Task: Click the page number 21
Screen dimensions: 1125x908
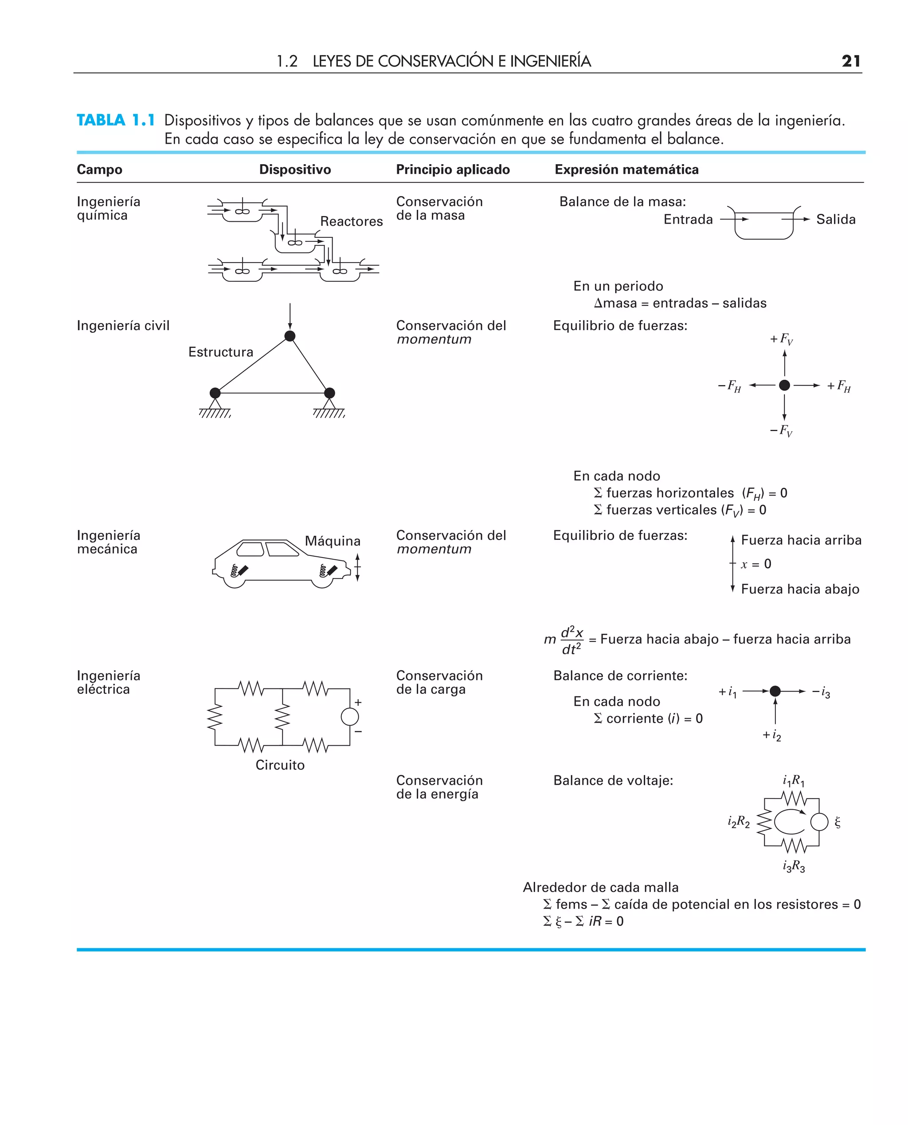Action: [850, 61]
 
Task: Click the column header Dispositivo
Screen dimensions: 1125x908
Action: [295, 169]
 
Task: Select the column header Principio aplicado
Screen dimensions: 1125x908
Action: [452, 169]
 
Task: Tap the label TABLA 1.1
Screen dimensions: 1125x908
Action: [116, 120]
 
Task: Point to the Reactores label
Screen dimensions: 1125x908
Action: [351, 221]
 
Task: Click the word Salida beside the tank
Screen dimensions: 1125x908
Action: [835, 219]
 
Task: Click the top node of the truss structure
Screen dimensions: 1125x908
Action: [290, 336]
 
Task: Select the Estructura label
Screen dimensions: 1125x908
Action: [221, 352]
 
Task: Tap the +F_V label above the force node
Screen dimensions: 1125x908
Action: [781, 339]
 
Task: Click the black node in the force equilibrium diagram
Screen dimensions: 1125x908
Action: [784, 385]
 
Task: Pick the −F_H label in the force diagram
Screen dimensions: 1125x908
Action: [730, 386]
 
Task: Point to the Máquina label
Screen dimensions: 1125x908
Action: [333, 541]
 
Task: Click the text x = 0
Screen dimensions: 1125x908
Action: [756, 564]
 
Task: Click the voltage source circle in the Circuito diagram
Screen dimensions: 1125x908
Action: [350, 716]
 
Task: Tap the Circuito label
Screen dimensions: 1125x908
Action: [280, 765]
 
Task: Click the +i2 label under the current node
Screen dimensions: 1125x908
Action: [771, 736]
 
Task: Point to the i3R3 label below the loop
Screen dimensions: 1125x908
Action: [794, 866]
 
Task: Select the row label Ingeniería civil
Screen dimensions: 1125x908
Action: [123, 326]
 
